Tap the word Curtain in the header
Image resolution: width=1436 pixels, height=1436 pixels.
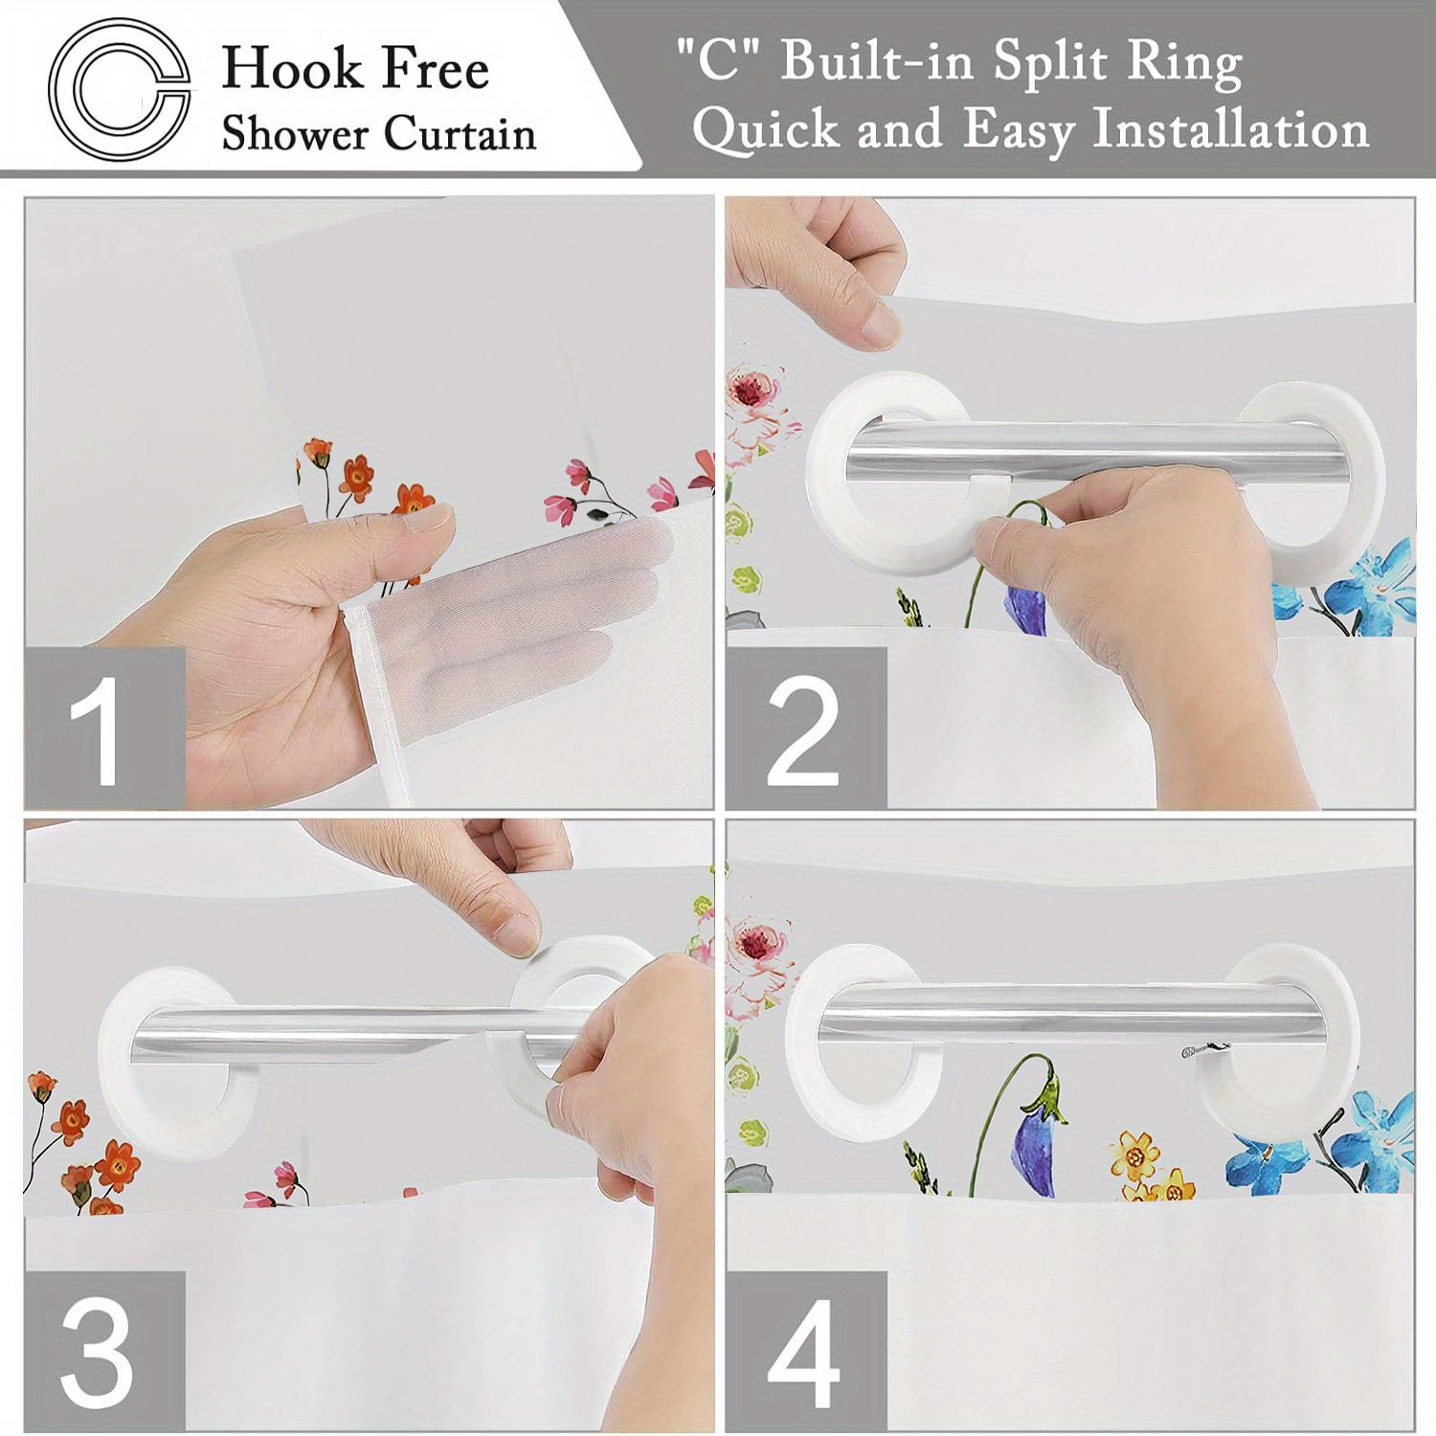pos(460,133)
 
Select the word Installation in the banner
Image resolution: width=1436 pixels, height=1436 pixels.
pos(1231,129)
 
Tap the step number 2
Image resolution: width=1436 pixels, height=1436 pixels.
pos(804,729)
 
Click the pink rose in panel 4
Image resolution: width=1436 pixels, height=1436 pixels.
pos(759,943)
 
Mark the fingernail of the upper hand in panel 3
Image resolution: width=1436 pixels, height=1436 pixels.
pos(519,934)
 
